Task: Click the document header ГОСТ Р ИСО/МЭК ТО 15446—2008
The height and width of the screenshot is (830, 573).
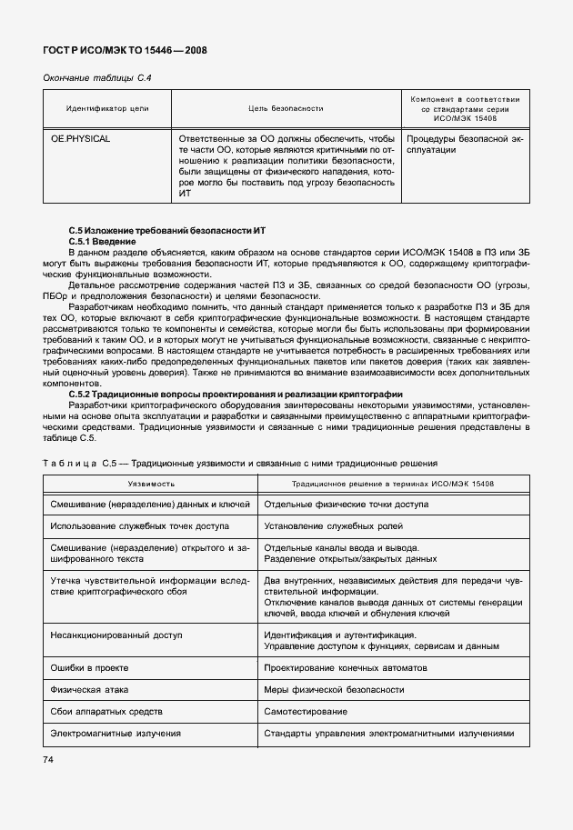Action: point(125,51)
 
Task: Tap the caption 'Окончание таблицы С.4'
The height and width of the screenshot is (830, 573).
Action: point(97,78)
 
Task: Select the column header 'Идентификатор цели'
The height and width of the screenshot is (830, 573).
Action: point(107,108)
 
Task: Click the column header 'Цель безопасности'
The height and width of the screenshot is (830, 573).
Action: point(286,108)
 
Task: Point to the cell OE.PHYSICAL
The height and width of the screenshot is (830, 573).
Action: point(81,139)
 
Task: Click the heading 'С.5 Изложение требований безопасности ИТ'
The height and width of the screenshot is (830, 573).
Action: point(173,231)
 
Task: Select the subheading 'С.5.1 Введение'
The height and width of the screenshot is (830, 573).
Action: point(102,242)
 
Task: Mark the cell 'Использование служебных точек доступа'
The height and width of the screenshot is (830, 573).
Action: point(140,525)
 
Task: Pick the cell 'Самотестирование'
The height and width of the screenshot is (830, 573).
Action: point(305,711)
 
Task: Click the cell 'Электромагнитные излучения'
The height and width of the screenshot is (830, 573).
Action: point(116,733)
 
